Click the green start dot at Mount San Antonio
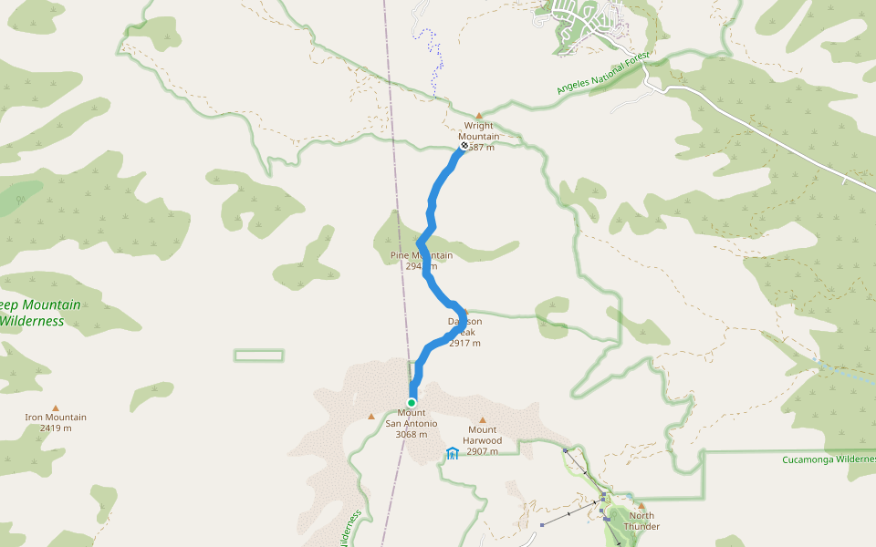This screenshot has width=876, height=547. click(412, 402)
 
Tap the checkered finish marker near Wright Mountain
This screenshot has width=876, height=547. click(464, 145)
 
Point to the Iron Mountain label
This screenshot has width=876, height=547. click(56, 418)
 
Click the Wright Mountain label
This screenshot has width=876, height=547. click(478, 131)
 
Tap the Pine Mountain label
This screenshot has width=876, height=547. click(422, 255)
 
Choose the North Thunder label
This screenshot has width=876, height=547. click(641, 521)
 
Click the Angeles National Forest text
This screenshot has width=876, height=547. click(603, 76)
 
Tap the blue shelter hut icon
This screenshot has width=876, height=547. click(453, 453)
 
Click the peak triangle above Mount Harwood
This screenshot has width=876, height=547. click(483, 420)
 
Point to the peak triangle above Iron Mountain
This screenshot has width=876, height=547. click(56, 408)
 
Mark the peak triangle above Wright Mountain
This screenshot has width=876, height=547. click(478, 117)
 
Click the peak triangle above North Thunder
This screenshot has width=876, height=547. click(641, 506)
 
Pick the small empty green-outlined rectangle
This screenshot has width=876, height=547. click(258, 356)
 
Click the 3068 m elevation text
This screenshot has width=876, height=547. click(412, 435)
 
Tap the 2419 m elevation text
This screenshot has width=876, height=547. click(56, 428)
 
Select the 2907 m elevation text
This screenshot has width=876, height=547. click(483, 451)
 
